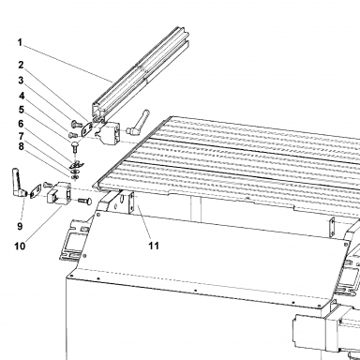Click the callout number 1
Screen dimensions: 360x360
pos(20,42)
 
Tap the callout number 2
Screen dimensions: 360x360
pos(21,65)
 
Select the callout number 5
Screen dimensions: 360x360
pos(21,110)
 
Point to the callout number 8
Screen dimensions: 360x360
pos(21,146)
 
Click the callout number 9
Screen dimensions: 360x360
pos(20,226)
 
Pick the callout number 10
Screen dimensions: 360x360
pos(20,246)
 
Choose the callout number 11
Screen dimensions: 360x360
pos(154,246)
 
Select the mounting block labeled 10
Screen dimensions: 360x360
pos(59,194)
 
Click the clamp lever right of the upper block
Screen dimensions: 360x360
pos(138,123)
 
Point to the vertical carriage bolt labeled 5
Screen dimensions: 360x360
pos(76,147)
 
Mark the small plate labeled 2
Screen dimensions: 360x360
pos(86,128)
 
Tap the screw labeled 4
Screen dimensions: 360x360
pos(72,135)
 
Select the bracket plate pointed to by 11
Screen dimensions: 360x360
pos(132,203)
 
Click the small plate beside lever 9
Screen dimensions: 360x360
pos(36,190)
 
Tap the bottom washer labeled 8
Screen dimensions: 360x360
pos(75,177)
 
